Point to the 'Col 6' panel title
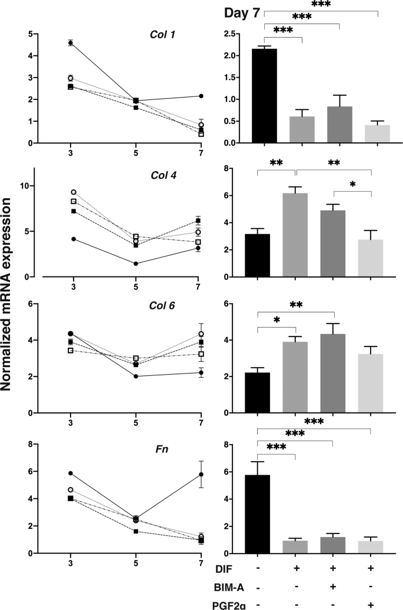click(157, 306)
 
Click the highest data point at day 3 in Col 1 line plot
click(71, 42)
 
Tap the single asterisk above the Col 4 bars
click(352, 185)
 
